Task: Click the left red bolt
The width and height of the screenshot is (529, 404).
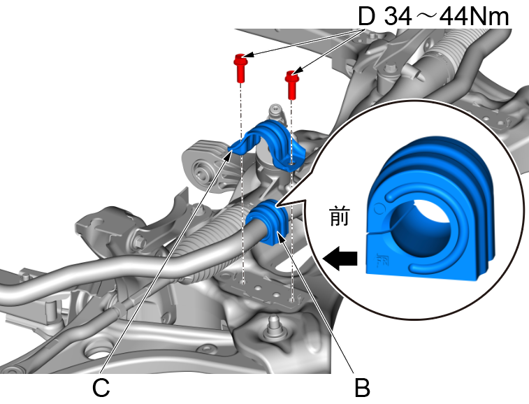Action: (x=240, y=67)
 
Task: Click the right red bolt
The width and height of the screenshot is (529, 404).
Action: (x=292, y=83)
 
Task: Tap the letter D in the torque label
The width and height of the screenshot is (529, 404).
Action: (x=366, y=16)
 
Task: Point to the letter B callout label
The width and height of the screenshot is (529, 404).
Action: (x=361, y=387)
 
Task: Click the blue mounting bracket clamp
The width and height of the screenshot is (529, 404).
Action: (x=269, y=144)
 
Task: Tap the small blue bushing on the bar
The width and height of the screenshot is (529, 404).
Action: (x=267, y=222)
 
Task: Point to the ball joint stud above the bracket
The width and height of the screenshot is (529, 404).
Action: (x=275, y=112)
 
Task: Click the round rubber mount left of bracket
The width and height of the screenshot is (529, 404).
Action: (x=205, y=170)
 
